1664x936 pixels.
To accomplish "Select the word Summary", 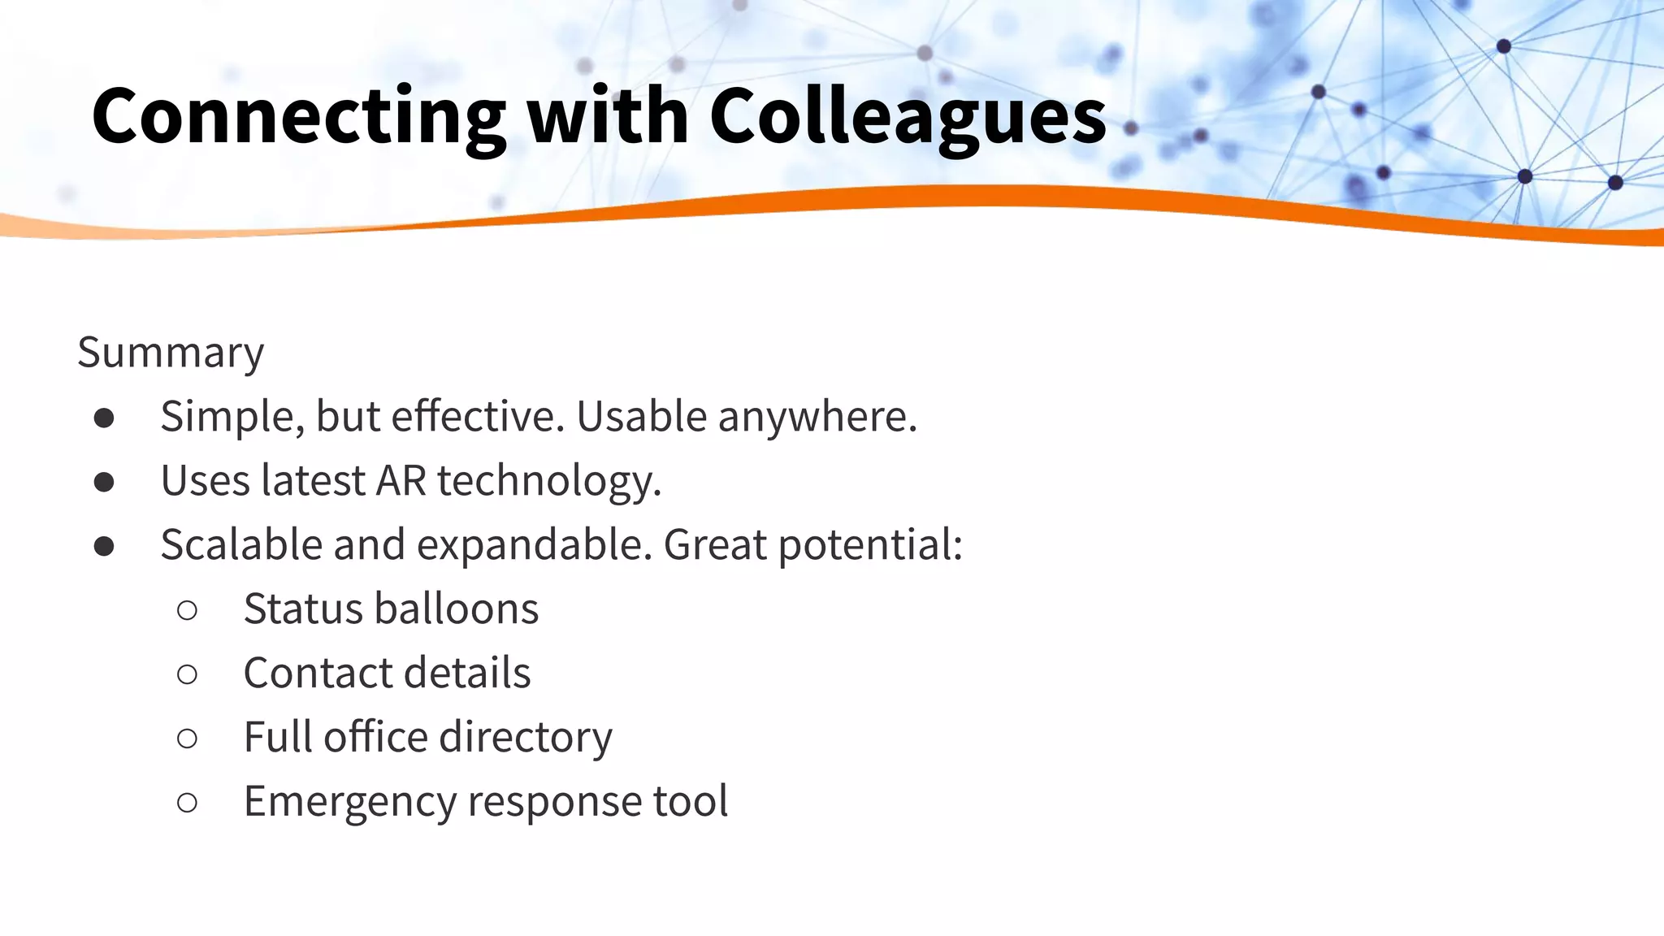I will click(171, 353).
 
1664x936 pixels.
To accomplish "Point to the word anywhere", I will click(817, 417).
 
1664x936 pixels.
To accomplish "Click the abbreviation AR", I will click(401, 480).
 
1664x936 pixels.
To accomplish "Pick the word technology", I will click(549, 481).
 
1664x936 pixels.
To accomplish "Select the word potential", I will click(870, 545).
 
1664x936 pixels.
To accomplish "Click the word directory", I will click(526, 737).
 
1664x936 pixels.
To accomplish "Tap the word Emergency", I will click(350, 801).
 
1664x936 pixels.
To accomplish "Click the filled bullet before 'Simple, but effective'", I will click(104, 418).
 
